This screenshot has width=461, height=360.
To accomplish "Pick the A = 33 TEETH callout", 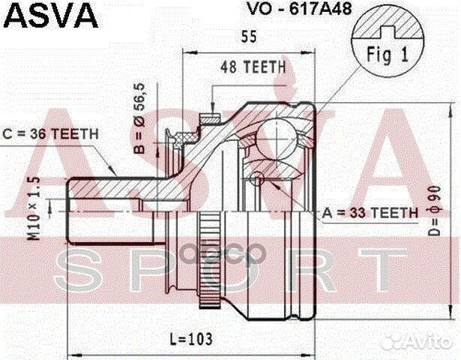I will pyautogui.click(x=370, y=213).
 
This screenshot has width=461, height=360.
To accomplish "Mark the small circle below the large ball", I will pyautogui.click(x=257, y=178).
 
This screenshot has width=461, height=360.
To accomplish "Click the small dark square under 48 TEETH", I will pyautogui.click(x=216, y=115).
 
